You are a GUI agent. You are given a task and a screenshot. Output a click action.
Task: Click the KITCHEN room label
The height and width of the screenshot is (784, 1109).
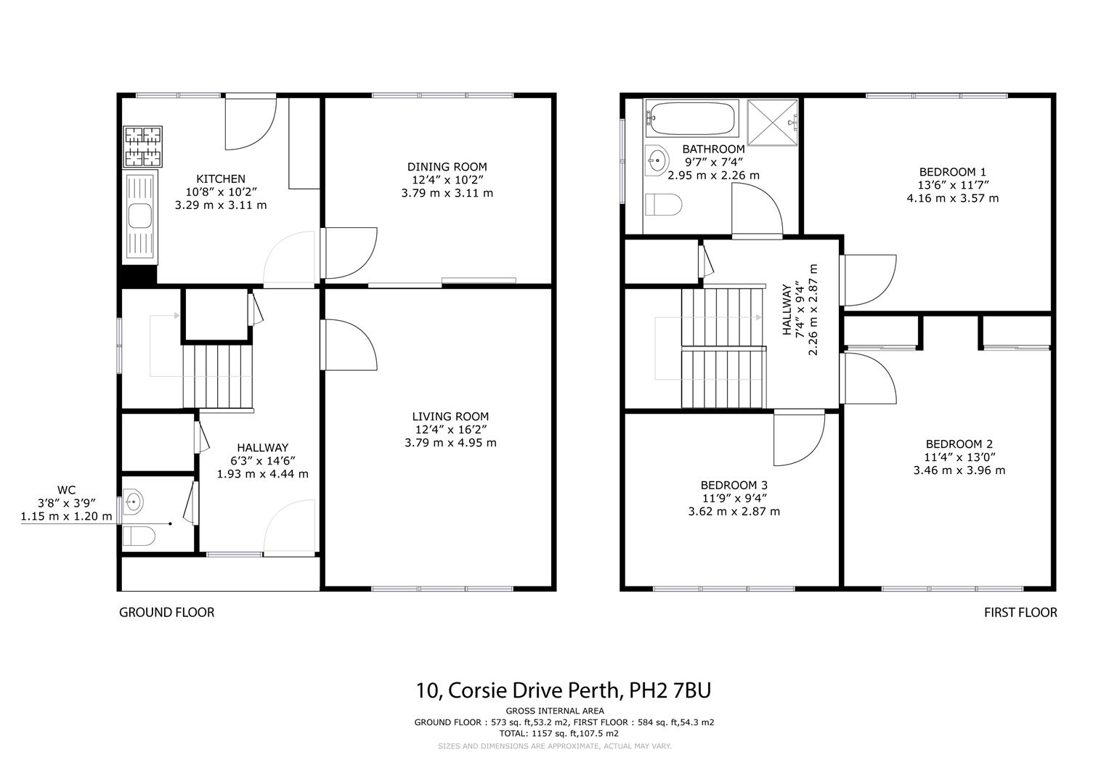(221, 179)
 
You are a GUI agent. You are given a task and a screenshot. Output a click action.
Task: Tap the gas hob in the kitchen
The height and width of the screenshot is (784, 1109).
(142, 147)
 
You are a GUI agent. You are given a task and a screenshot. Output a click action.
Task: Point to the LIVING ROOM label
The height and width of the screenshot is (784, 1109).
(450, 417)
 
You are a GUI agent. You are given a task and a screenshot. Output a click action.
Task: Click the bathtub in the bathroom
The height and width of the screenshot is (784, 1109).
(691, 118)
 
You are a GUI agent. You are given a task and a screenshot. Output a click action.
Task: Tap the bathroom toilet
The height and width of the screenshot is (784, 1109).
(664, 206)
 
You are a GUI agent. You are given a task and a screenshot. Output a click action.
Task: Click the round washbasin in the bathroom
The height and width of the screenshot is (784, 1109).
(658, 160)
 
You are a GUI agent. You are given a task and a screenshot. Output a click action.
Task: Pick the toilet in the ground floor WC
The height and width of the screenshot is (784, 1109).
(138, 537)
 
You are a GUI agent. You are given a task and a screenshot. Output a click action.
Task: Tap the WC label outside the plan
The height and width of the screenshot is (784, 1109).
(66, 490)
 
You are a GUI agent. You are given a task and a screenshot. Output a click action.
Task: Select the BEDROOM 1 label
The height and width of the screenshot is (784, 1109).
(952, 172)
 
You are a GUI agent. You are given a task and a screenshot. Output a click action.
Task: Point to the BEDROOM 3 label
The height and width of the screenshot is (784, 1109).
(734, 485)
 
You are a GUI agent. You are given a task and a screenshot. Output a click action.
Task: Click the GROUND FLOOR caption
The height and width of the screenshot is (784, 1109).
(166, 613)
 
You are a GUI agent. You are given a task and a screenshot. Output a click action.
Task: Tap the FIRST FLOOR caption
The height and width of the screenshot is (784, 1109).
(1020, 613)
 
